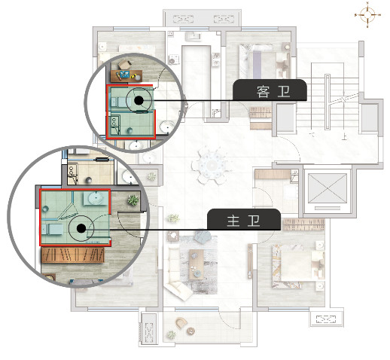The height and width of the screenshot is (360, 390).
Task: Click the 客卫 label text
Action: pos(273,92)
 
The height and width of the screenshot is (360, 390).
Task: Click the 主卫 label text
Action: pos(243,221)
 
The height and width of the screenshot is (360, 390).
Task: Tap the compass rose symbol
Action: pos(367,15)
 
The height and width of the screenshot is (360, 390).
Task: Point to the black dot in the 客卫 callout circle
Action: pos(139,100)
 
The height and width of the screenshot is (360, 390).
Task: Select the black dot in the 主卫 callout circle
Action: pos(81,228)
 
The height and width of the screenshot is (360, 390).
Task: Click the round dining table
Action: pos(212,166)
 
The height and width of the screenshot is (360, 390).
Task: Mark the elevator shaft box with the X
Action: pos(328,188)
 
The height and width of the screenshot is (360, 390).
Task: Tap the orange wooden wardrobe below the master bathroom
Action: pos(73,255)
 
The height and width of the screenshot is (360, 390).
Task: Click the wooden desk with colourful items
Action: pos(126,76)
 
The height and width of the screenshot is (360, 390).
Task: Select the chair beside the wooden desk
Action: pos(125,65)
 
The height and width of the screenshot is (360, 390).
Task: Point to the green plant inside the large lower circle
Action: pos(133,200)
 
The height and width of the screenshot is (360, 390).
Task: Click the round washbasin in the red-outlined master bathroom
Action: pos(96,198)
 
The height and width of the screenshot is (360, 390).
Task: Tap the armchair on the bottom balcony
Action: pos(181,323)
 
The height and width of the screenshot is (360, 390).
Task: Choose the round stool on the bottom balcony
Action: pos(191,331)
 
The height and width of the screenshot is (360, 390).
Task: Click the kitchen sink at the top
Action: pos(193,37)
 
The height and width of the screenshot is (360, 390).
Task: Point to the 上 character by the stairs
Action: pos(345,137)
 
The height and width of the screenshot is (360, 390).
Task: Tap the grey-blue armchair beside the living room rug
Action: pos(203,237)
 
